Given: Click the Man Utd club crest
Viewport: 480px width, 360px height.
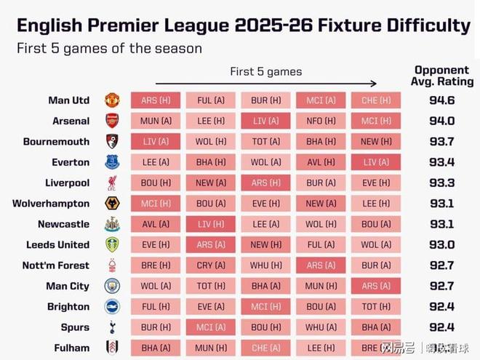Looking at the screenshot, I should pos(112,100).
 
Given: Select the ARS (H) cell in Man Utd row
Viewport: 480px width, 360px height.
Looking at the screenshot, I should pos(155,100).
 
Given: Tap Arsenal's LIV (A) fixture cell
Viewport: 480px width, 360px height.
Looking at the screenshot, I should pos(265,121).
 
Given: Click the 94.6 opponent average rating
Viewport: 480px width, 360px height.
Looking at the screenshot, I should pos(443,100).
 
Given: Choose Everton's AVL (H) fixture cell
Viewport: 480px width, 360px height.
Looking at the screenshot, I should pos(320,162).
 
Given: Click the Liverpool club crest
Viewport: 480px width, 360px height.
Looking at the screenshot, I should pos(112,183).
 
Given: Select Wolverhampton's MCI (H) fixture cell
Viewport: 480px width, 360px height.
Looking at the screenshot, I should pos(155,204).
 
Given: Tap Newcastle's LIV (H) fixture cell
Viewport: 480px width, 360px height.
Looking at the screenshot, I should pos(210,224).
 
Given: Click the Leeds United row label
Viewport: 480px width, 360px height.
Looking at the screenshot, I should pos(58,245).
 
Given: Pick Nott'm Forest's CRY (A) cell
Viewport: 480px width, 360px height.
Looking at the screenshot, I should pos(210,265).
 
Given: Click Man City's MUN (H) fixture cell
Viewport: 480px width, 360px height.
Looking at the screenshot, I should pos(320,286).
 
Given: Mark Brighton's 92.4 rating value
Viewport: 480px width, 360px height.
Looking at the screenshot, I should pos(443,306).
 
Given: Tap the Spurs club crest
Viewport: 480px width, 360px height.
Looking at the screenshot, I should pos(112,327).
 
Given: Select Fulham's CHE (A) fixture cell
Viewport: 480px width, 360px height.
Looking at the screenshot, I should pos(265,348).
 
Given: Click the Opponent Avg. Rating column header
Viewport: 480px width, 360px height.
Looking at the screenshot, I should pos(443,76).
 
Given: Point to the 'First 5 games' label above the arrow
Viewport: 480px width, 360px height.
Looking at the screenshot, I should pos(265,71).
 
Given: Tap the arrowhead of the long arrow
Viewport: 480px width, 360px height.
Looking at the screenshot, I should pos(374,83).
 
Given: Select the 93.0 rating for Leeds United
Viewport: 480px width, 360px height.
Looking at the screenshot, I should pos(443,245).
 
